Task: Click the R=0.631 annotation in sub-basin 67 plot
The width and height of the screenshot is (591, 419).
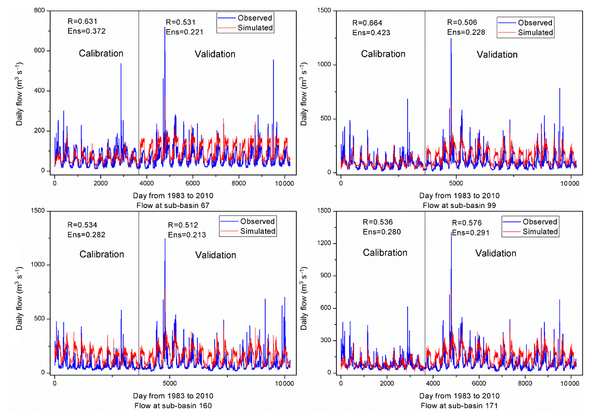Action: pyautogui.click(x=82, y=21)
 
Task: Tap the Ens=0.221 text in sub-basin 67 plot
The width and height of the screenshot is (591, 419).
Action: pyautogui.click(x=184, y=32)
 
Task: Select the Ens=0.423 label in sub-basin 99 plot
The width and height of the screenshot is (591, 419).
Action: pyautogui.click(x=371, y=33)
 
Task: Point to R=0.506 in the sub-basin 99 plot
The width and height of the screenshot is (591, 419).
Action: pyautogui.click(x=462, y=22)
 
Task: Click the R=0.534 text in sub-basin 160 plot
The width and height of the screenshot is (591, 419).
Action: pyautogui.click(x=82, y=225)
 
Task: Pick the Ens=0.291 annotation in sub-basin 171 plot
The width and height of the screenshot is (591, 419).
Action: pyautogui.click(x=471, y=233)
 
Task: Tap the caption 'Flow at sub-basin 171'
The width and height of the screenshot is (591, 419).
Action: pyautogui.click(x=459, y=405)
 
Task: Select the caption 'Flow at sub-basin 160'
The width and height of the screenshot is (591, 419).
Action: pyautogui.click(x=173, y=405)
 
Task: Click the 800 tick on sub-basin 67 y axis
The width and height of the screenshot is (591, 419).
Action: pyautogui.click(x=40, y=11)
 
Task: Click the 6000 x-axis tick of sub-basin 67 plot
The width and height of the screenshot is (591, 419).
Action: pyautogui.click(x=193, y=183)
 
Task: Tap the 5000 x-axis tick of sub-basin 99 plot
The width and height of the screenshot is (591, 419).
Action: pyautogui.click(x=456, y=183)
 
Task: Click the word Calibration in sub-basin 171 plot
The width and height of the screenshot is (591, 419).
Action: pyautogui.click(x=385, y=253)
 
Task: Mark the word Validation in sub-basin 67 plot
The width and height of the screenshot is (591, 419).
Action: pyautogui.click(x=215, y=54)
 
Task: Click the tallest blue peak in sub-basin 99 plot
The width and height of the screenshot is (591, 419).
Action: pyautogui.click(x=451, y=40)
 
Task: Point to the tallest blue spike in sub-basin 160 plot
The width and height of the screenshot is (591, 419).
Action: pyautogui.click(x=165, y=240)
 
